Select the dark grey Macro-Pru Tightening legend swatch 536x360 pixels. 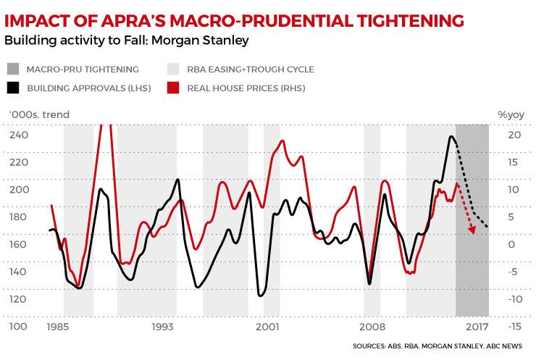coord(13,70)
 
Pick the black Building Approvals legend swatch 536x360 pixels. coord(13,88)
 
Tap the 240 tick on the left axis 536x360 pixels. coord(19,135)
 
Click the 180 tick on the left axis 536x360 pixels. coord(19,217)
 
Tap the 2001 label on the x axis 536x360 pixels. coord(267,327)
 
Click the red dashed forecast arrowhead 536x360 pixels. coord(472,230)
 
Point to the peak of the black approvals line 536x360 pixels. coord(451,136)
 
